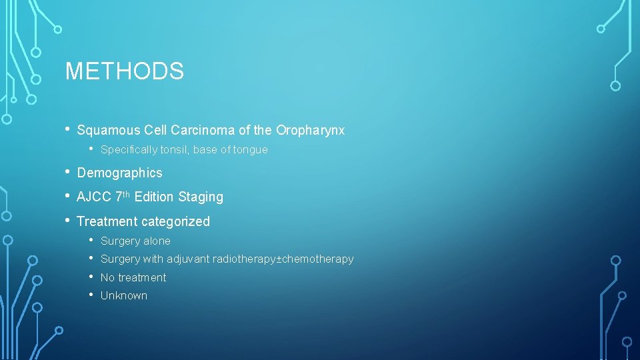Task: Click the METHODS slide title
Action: point(124,71)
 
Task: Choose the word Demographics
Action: point(120,173)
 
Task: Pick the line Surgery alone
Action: point(135,241)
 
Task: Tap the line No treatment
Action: point(133,277)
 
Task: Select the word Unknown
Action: point(124,295)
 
